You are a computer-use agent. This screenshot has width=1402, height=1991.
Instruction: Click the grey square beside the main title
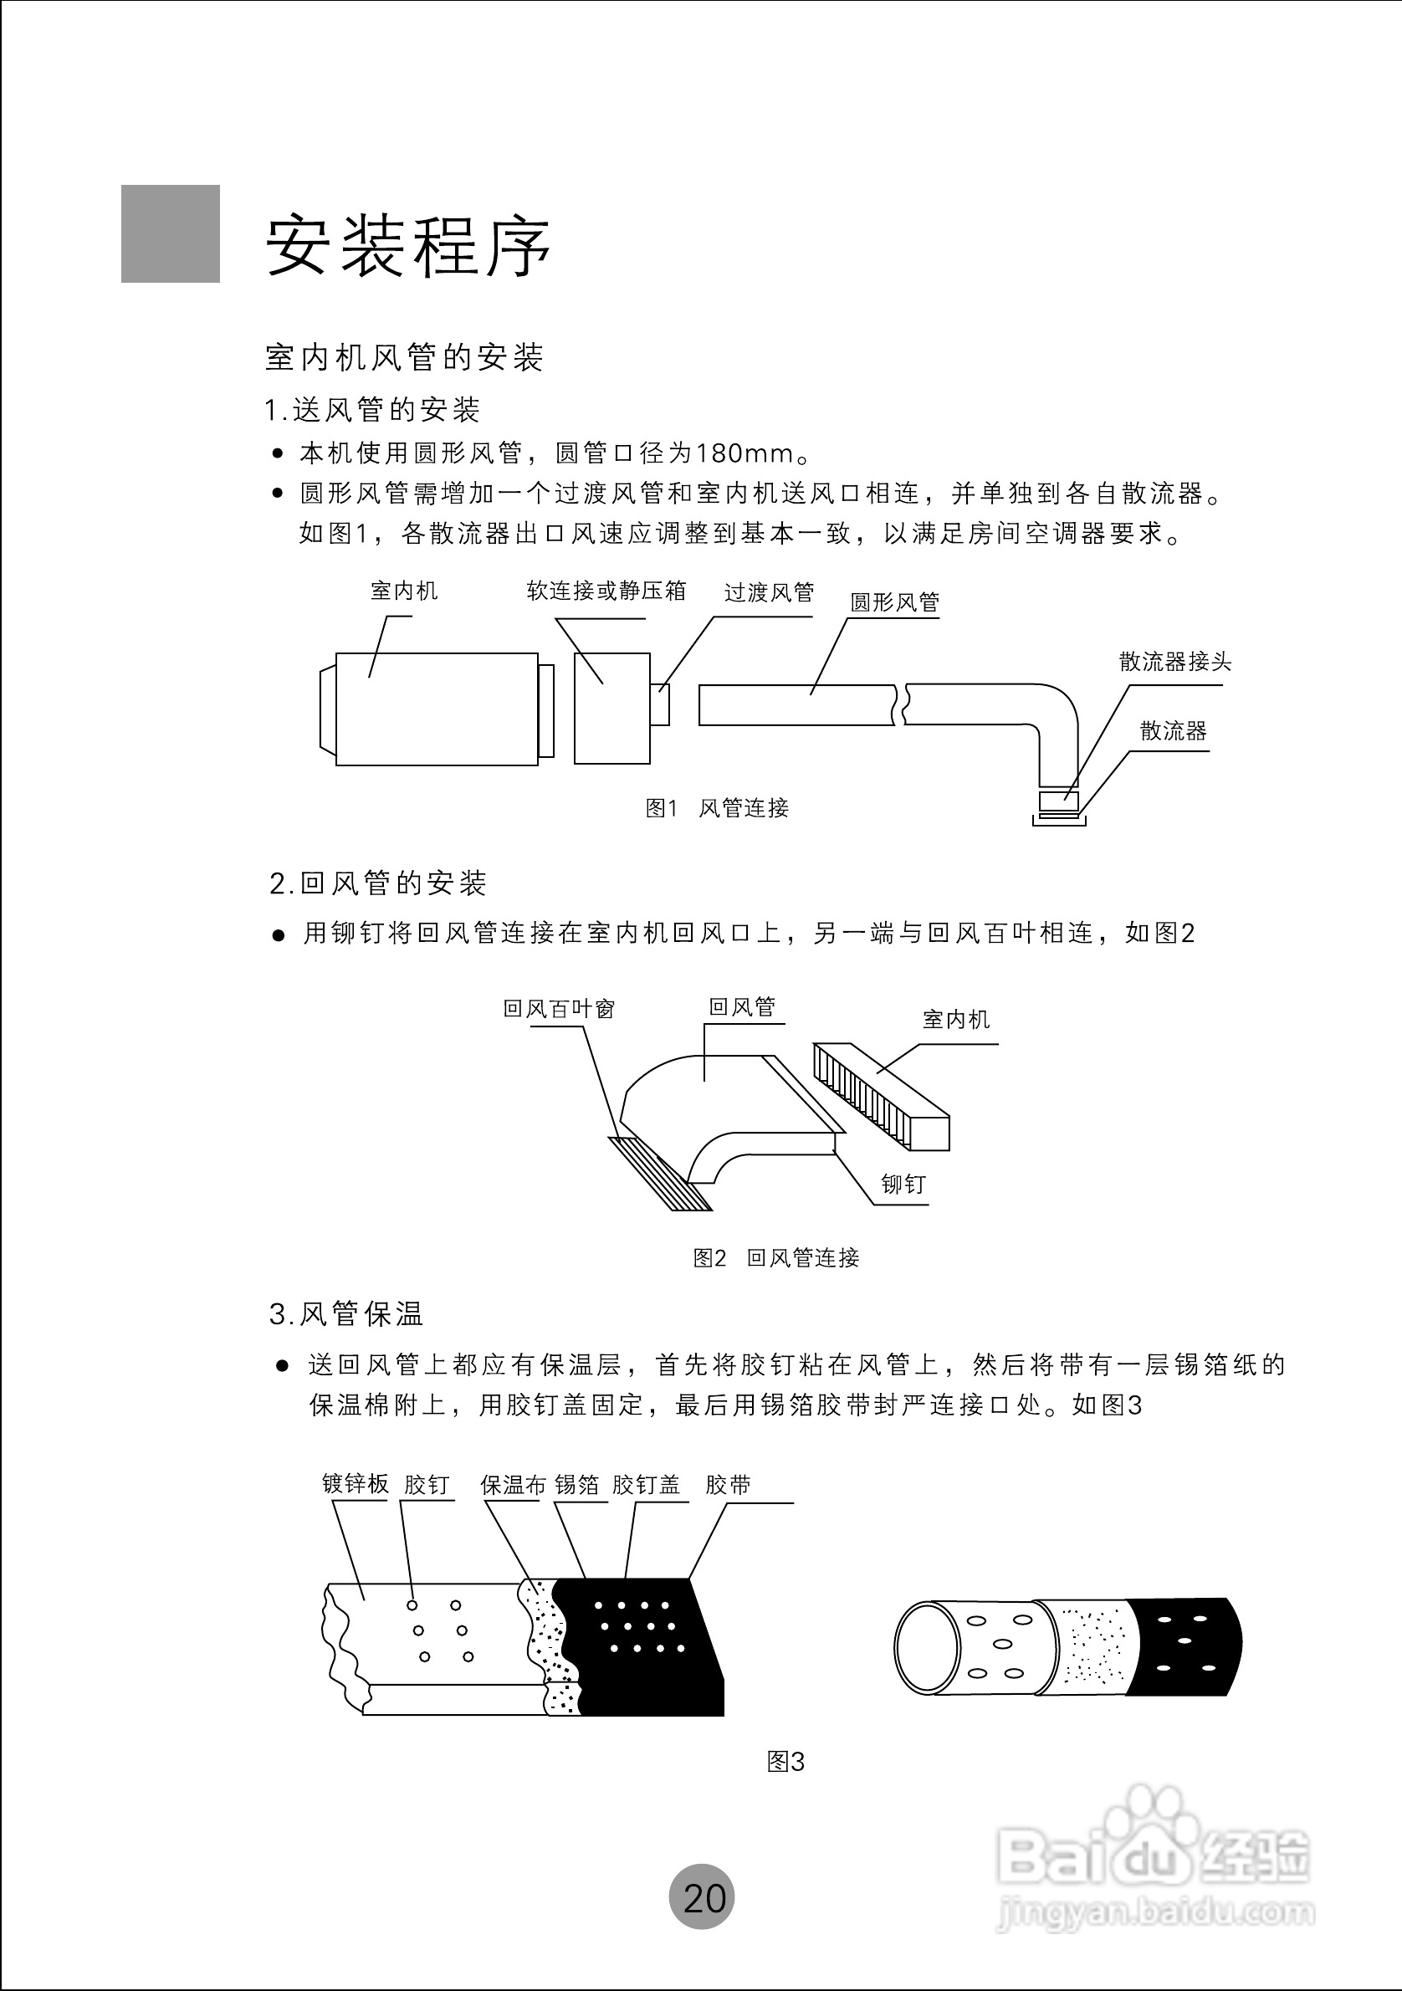(x=170, y=233)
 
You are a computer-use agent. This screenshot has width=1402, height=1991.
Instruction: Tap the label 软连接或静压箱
(x=606, y=591)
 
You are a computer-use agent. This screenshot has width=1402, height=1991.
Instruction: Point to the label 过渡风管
(x=769, y=592)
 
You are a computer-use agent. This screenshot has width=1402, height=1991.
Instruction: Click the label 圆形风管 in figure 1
(x=894, y=601)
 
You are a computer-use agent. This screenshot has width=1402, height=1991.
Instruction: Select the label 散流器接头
(x=1174, y=662)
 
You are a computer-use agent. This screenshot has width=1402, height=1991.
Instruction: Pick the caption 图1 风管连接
(x=717, y=808)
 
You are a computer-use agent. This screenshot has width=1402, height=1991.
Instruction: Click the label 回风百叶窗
(x=560, y=1009)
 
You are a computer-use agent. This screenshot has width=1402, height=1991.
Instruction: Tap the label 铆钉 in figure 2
(x=903, y=1184)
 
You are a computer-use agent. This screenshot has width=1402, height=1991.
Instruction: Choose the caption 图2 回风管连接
(x=776, y=1257)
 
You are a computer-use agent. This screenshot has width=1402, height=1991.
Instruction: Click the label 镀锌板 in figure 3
(x=356, y=1484)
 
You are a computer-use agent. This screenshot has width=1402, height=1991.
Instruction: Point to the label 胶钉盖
(x=646, y=1485)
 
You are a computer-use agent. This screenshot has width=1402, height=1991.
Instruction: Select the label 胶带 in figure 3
(x=728, y=1485)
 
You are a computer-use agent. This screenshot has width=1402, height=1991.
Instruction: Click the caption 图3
(x=785, y=1761)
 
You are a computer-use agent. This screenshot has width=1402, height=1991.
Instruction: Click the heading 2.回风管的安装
(x=378, y=883)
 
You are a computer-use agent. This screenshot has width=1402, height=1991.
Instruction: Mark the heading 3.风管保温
(x=346, y=1314)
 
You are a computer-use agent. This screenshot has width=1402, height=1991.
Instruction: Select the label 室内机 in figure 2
(x=955, y=1019)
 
